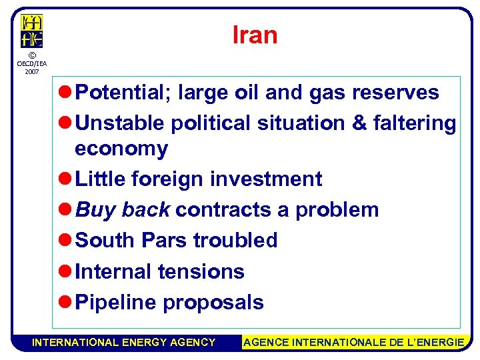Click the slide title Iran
pos(255,35)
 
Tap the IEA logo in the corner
pos(31,31)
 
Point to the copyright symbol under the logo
pos(31,55)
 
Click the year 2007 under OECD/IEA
pos(31,71)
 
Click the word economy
pos(121,149)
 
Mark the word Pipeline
pos(116,303)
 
